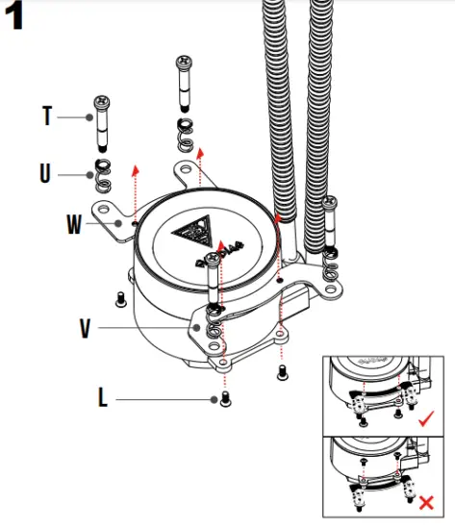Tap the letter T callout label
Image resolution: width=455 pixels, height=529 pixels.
point(47,116)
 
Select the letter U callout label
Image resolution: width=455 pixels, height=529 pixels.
point(45,174)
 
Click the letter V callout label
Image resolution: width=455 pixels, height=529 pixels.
point(86,327)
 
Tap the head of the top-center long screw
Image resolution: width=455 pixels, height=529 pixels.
point(184,63)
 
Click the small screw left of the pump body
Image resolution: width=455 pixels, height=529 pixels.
point(119,298)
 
